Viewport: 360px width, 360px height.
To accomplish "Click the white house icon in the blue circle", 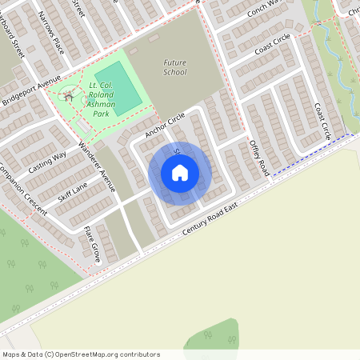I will click(179, 173).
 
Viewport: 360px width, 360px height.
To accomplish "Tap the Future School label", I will click(174, 66).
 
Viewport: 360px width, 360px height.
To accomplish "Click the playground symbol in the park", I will click(70, 96).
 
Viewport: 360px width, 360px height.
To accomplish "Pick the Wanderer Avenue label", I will click(98, 167).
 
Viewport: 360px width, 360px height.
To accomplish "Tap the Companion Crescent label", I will click(22, 192).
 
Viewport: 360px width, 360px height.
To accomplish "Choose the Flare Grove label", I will click(92, 244).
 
